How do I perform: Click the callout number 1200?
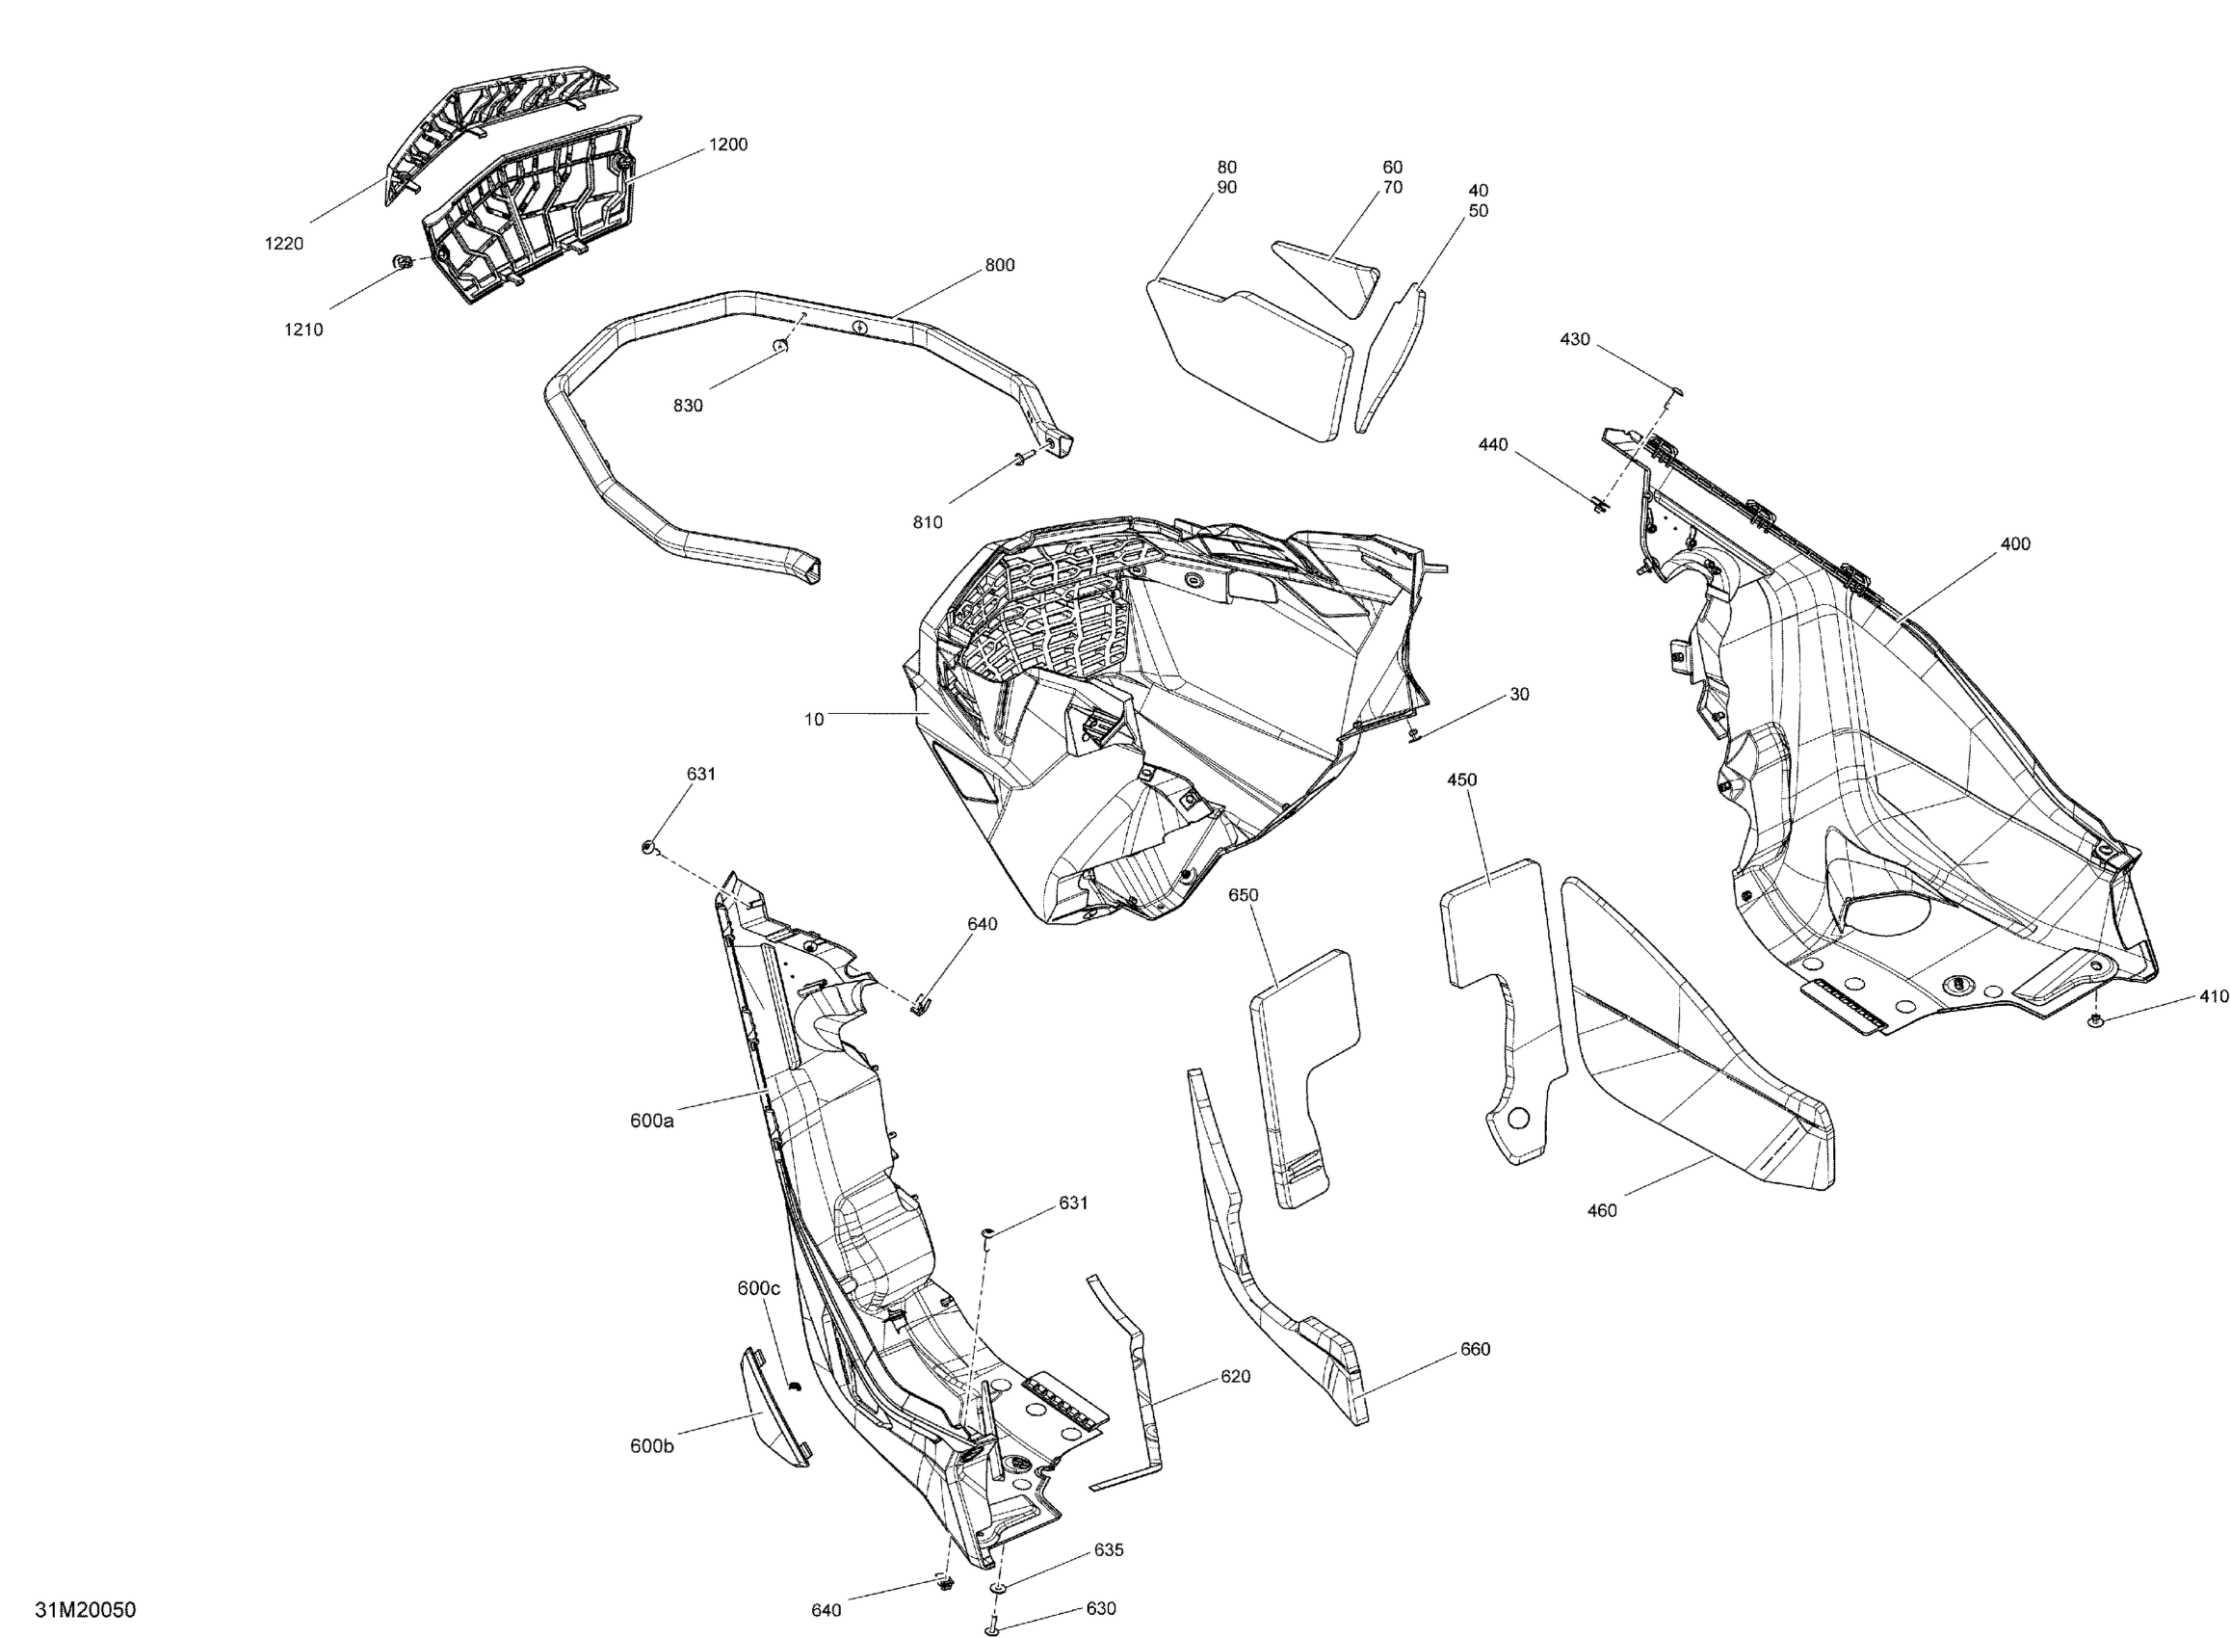[x=727, y=145]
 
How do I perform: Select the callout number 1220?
[x=283, y=244]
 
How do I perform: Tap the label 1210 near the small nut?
[x=303, y=330]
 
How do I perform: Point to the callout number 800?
[x=999, y=266]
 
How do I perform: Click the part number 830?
[x=688, y=406]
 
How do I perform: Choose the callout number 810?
[x=928, y=522]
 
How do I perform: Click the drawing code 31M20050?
[x=85, y=1609]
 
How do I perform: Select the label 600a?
[x=652, y=1122]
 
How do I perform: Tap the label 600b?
[x=652, y=1446]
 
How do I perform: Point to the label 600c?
[x=759, y=1289]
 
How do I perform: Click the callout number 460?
[x=1602, y=1210]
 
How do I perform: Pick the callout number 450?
[x=1462, y=780]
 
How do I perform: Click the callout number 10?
[x=814, y=720]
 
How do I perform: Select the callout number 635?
[x=1109, y=1549]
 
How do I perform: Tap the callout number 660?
[x=1475, y=1350]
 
